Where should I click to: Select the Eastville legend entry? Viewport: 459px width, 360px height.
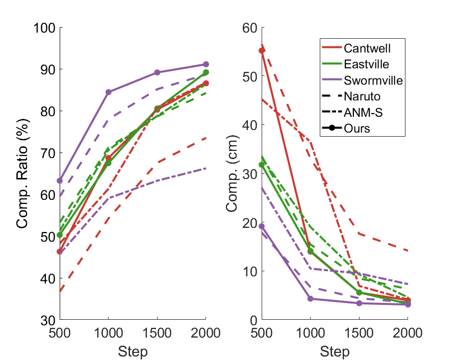coord(366,64)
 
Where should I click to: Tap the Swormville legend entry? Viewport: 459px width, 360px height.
coord(373,80)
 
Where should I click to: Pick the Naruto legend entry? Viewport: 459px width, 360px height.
coord(362,96)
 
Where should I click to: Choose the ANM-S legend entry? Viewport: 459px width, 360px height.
coord(363,112)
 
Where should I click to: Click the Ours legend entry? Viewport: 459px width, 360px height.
coord(357,128)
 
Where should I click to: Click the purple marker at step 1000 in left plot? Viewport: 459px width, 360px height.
coord(108,92)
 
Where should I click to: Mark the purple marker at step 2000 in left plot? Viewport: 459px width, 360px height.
coord(206,64)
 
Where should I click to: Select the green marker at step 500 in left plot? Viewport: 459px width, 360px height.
coord(60,235)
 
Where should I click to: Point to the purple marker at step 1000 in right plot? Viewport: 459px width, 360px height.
coord(311,299)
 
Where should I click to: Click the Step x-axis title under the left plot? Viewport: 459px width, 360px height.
coord(133,351)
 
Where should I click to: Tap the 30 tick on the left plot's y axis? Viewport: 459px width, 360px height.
coord(48,320)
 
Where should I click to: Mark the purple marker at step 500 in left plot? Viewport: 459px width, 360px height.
coord(60,181)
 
